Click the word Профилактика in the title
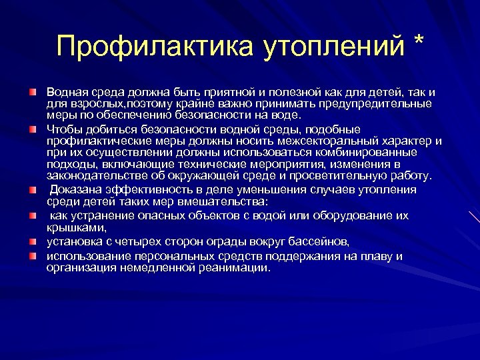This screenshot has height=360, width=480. (x=149, y=46)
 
